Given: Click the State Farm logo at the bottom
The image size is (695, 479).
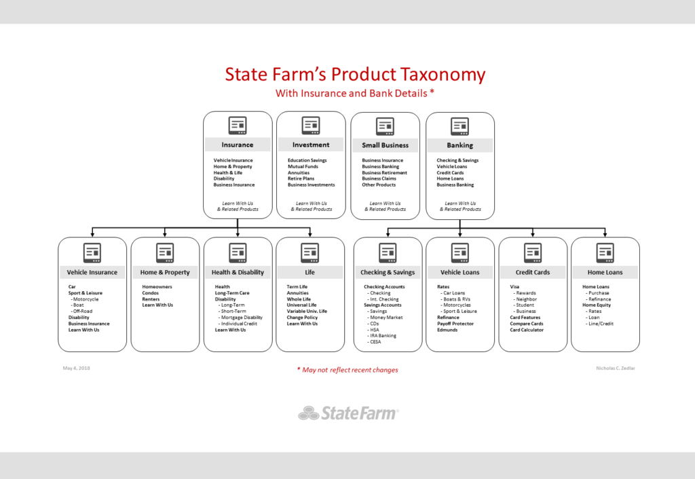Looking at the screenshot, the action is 348,413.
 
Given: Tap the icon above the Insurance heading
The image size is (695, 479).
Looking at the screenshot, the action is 238,126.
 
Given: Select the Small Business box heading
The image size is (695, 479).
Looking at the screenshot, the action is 386,145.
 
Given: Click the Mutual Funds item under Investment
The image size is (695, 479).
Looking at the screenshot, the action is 303,167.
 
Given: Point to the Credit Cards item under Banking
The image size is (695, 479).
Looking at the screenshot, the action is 450,173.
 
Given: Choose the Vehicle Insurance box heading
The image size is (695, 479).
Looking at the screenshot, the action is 92,273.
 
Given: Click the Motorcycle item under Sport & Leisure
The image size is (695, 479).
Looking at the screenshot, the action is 85,299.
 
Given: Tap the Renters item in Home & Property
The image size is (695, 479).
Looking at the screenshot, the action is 151,299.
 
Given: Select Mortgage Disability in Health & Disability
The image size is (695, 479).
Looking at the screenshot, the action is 240,318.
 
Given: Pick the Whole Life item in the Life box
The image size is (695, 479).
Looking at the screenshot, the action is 299,299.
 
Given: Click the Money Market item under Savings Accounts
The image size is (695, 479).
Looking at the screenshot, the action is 385,318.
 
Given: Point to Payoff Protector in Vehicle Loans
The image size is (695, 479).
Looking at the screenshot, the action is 455,324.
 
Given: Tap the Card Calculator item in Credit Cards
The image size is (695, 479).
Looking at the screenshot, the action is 527,330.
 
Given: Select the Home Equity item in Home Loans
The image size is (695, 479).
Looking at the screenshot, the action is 597,305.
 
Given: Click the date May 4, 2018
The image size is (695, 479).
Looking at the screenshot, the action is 76,368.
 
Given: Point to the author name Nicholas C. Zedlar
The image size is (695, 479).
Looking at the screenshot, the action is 615,368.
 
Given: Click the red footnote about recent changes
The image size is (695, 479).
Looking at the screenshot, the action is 347,370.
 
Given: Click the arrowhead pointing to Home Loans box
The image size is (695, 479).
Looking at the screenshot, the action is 605,234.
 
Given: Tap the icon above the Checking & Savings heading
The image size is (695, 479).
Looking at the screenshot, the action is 388,252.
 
